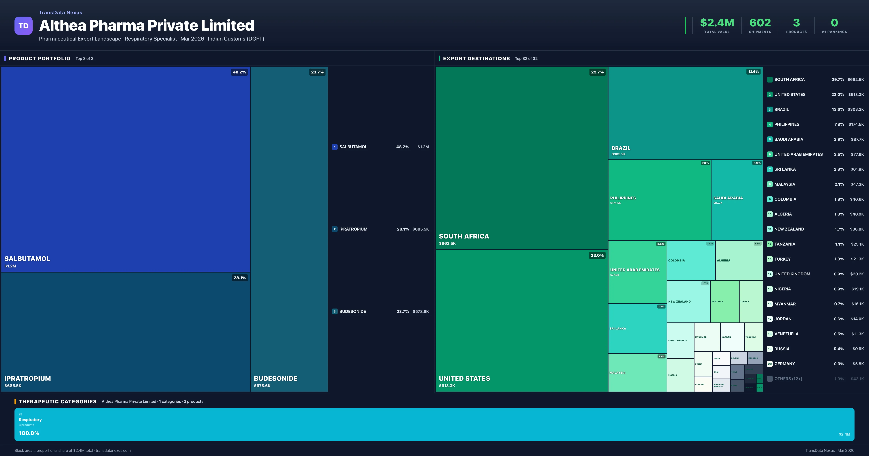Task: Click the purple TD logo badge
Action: point(23,26)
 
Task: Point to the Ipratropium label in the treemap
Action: point(28,378)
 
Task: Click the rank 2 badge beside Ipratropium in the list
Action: point(335,229)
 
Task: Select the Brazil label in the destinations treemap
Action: point(621,148)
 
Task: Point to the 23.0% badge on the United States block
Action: point(597,255)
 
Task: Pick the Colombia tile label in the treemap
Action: point(676,260)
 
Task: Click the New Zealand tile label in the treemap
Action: point(679,301)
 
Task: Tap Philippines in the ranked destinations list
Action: point(787,124)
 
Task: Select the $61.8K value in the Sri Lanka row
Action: point(857,169)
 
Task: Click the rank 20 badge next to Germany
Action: point(769,364)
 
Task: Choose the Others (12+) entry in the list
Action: point(788,379)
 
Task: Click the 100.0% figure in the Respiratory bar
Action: point(29,433)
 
